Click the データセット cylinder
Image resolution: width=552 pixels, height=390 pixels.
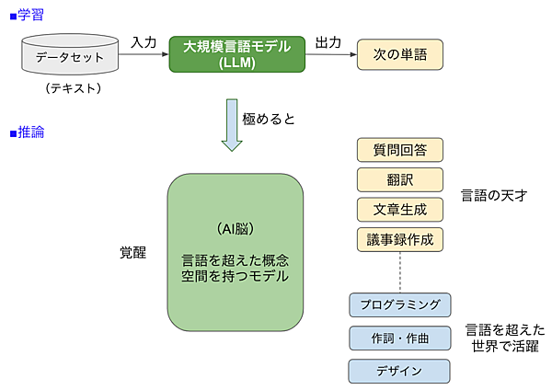(x=72, y=56)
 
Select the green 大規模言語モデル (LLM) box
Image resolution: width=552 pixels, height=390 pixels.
(x=236, y=54)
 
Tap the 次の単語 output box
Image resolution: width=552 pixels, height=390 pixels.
(x=399, y=54)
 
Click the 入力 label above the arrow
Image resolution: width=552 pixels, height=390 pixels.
(x=144, y=42)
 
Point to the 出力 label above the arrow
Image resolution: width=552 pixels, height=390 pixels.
(x=328, y=42)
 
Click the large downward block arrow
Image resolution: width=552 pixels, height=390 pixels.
(x=232, y=125)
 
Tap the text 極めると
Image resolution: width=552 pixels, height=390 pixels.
(x=269, y=119)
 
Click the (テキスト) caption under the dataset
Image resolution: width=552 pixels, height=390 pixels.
(x=72, y=89)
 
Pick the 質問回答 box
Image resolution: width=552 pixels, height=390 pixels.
(x=399, y=150)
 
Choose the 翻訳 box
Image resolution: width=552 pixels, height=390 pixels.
(x=399, y=179)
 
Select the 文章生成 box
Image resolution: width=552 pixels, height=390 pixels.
(x=399, y=209)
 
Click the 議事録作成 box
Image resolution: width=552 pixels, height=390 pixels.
(x=399, y=239)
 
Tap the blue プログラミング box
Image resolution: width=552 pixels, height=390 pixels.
(x=399, y=304)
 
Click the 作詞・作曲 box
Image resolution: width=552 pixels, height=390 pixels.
(x=399, y=338)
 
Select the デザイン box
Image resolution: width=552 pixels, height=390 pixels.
(x=399, y=371)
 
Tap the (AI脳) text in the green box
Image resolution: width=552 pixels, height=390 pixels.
(x=235, y=228)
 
